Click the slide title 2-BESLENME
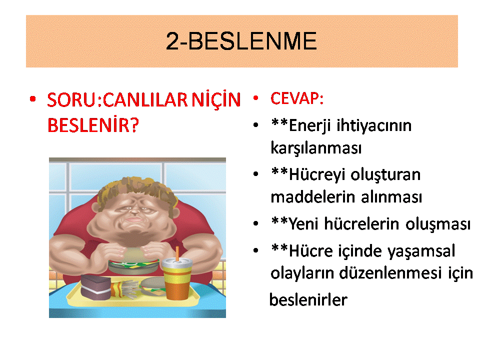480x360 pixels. [x=241, y=41]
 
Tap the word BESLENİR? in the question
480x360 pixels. [x=93, y=125]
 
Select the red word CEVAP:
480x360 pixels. [x=297, y=98]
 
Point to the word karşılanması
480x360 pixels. [x=316, y=148]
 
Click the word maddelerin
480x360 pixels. [x=313, y=197]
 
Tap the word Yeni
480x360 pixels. [x=303, y=223]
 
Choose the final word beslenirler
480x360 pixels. [x=308, y=299]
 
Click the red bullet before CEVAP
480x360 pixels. [x=255, y=98]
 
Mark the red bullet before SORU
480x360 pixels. [x=33, y=99]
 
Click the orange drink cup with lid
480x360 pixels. [x=177, y=278]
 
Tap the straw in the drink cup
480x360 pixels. [x=177, y=253]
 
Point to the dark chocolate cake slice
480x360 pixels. [x=95, y=287]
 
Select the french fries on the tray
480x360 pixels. [x=125, y=290]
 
